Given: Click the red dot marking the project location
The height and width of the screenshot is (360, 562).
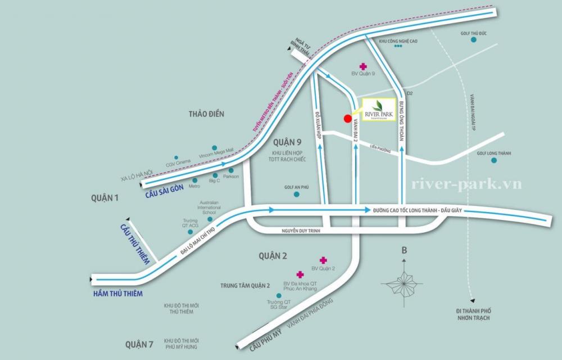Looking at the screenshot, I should click(x=347, y=118).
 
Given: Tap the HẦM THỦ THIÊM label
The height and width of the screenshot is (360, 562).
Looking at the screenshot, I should click(x=119, y=294).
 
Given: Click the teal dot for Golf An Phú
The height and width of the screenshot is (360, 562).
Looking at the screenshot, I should click(x=297, y=195).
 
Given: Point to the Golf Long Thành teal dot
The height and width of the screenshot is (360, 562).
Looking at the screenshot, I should click(x=494, y=160).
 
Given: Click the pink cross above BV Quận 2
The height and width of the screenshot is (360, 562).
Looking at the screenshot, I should click(x=323, y=260).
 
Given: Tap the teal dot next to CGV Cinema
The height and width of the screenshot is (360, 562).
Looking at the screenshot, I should click(x=176, y=157).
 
